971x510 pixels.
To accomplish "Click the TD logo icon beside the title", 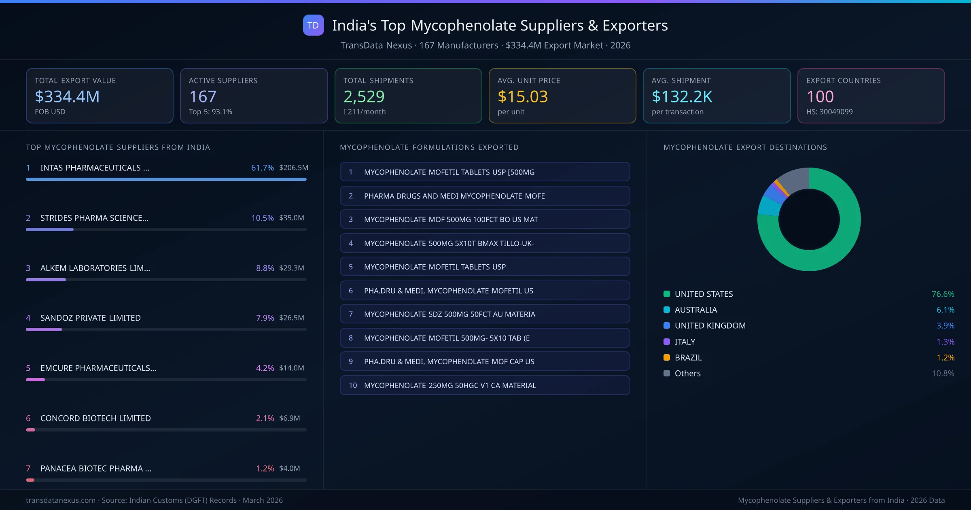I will point(313,25).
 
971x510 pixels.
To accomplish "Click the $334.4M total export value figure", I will point(67,97).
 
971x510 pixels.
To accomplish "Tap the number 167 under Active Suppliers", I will point(203,97).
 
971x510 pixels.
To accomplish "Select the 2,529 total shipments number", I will point(364,97).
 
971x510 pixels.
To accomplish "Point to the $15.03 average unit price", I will point(522,97).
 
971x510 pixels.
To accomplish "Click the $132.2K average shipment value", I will point(682,97).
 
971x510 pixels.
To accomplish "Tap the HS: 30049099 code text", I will point(829,112).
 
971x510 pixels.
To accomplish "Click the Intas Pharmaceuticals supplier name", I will point(95,168).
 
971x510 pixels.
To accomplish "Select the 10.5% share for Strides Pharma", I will point(262,218).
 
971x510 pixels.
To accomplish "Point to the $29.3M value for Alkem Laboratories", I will point(291,268).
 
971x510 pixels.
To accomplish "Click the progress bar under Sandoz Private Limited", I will point(166,329).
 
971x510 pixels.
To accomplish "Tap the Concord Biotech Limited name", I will point(95,418).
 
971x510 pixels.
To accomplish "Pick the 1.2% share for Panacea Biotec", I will point(265,468).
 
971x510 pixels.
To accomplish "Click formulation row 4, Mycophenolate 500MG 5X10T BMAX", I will point(485,243).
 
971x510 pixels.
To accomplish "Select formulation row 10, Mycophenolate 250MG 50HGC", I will point(485,385).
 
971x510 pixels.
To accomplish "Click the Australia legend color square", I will point(667,310).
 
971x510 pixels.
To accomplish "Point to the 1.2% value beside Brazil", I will point(945,357).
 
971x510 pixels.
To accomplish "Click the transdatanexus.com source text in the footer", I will point(61,500).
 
